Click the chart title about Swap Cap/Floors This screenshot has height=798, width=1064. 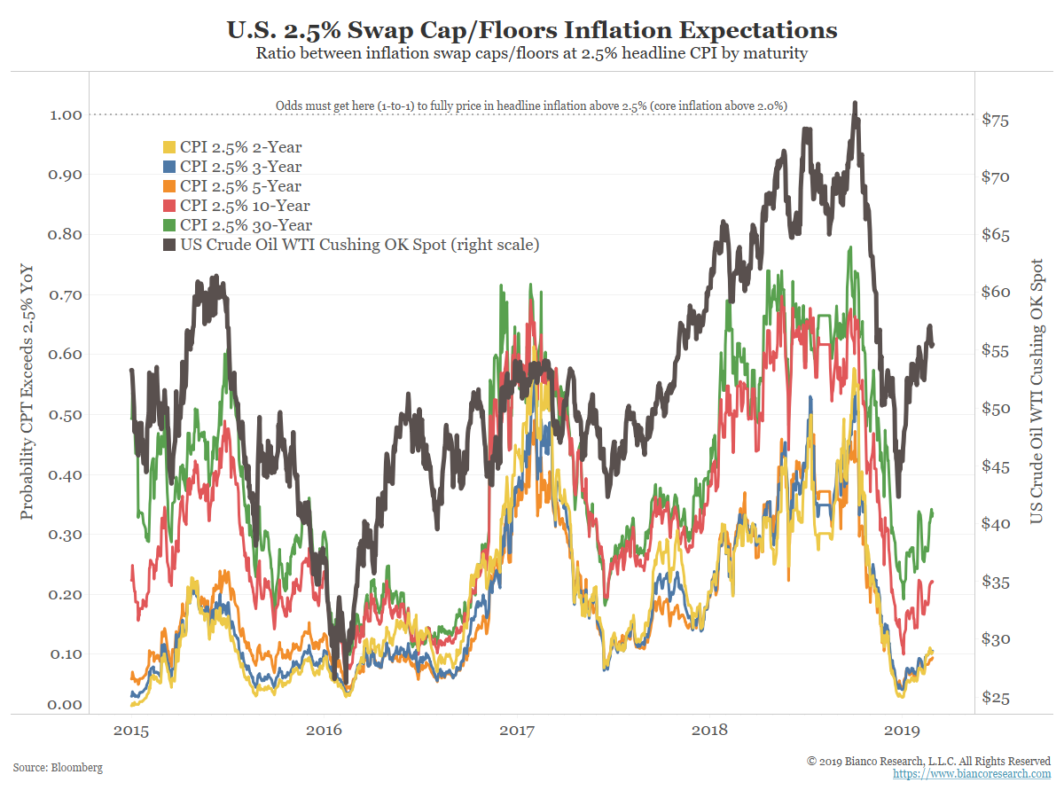[532, 30]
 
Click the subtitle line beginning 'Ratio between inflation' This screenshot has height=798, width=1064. [532, 53]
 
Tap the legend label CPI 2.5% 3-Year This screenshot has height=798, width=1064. [240, 167]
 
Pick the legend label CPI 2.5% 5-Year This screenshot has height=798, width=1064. [240, 186]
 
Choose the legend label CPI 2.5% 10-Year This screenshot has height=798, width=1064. [244, 206]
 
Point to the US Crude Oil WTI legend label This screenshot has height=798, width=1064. [359, 245]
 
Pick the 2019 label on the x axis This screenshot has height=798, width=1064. [903, 730]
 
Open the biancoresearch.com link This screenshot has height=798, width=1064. [972, 774]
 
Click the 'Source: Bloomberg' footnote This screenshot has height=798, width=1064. [58, 767]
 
